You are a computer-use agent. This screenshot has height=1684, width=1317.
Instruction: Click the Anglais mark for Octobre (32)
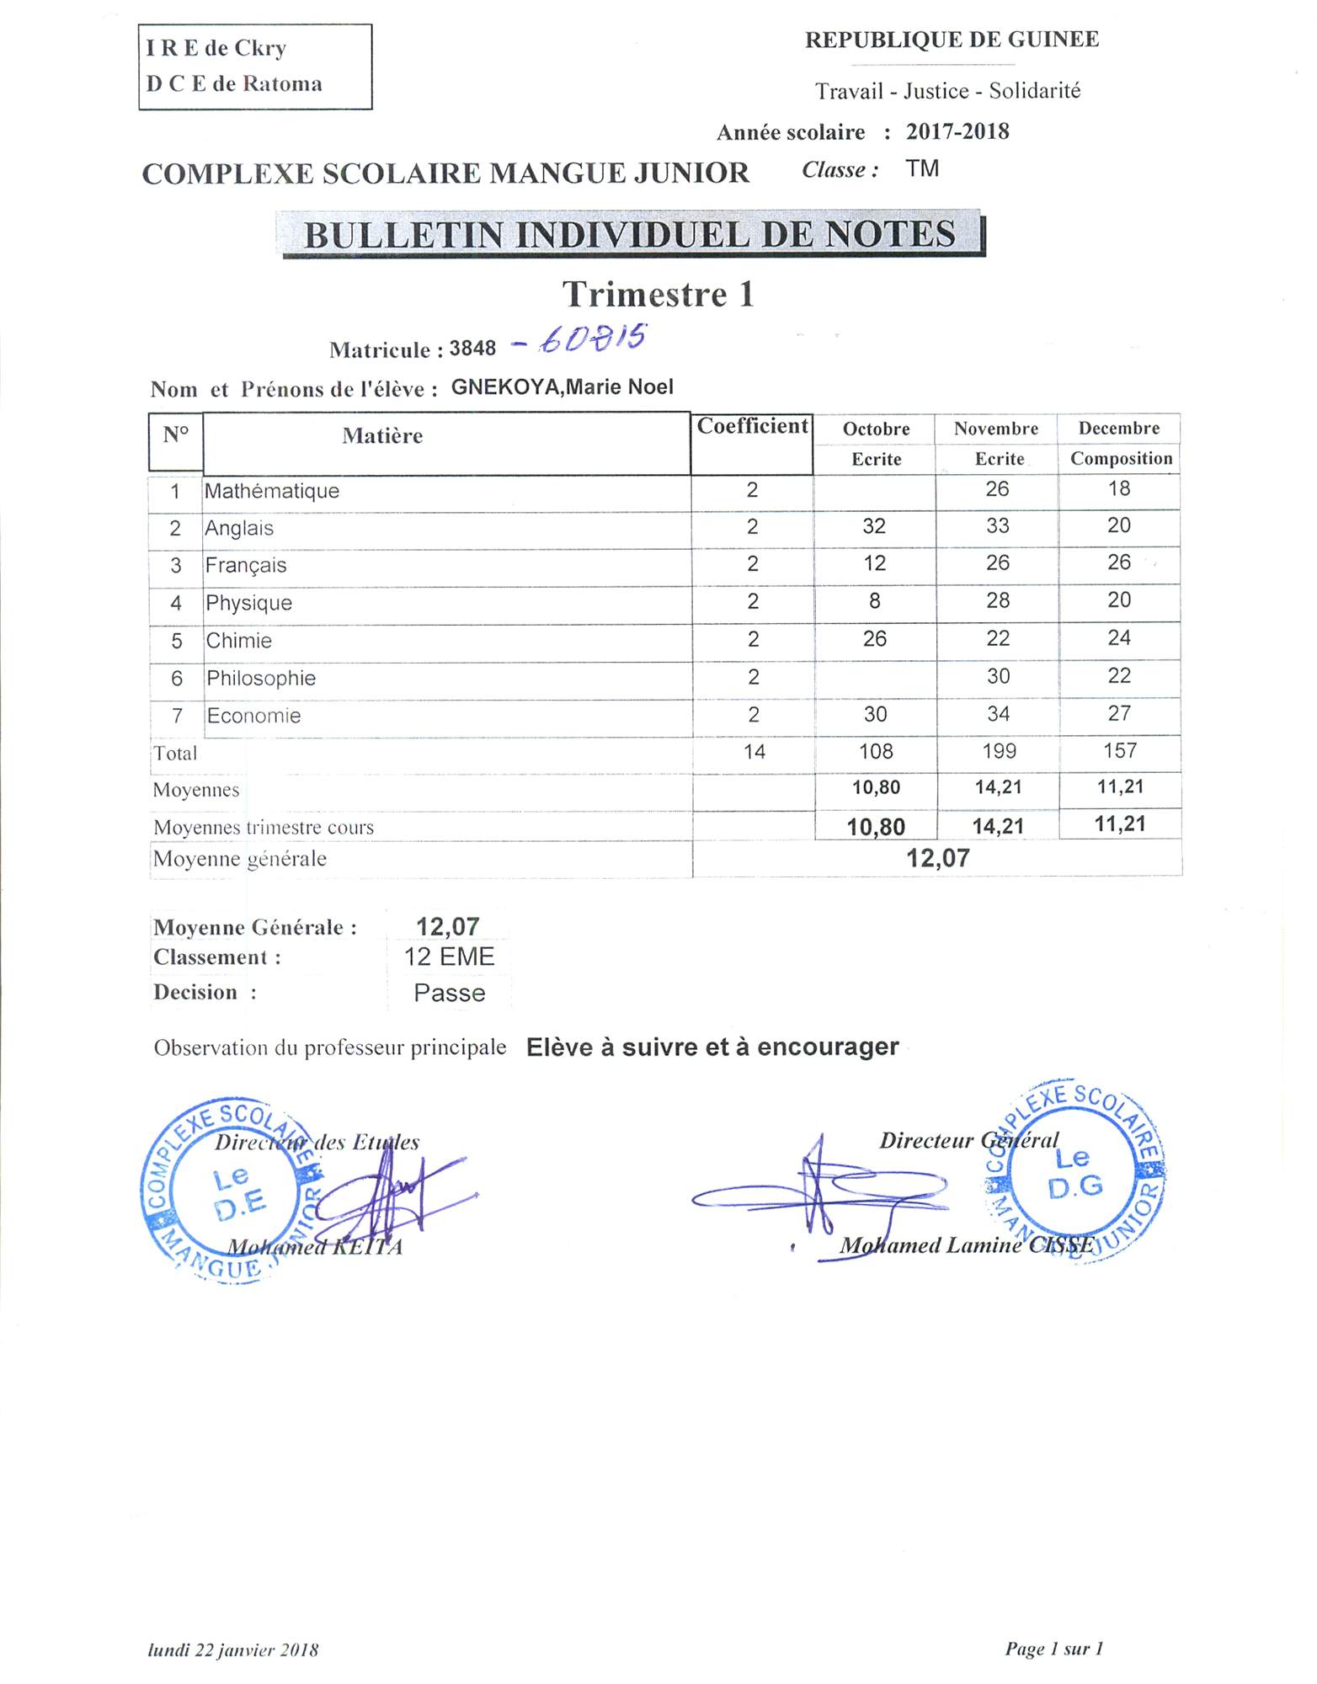(x=874, y=526)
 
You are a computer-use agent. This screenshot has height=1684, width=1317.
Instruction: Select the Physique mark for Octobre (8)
(x=874, y=601)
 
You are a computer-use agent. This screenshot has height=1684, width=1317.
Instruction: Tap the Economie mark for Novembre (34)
(x=998, y=714)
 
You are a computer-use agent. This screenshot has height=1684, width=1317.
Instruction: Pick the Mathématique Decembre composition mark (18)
(x=1118, y=488)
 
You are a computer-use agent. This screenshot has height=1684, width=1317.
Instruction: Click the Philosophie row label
(x=261, y=678)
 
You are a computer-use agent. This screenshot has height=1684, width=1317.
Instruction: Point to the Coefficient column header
(x=752, y=426)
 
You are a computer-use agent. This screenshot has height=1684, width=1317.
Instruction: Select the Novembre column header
(x=996, y=429)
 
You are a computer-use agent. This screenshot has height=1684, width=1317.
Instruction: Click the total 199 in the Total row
(x=999, y=751)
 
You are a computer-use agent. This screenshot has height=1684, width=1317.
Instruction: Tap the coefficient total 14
(x=754, y=752)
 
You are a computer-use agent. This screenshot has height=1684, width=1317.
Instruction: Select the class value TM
(x=922, y=169)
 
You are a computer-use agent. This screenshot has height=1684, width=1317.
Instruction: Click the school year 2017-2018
(x=957, y=131)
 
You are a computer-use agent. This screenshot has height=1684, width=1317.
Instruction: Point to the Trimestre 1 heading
(x=658, y=295)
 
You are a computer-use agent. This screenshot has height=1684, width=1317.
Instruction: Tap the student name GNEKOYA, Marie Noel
(x=563, y=387)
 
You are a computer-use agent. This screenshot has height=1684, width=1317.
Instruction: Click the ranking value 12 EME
(x=449, y=957)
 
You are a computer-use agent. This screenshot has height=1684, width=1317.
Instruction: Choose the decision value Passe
(x=449, y=994)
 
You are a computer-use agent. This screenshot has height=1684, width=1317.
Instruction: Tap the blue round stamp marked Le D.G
(x=1076, y=1171)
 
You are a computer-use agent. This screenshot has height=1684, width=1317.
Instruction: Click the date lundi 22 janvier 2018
(x=233, y=1649)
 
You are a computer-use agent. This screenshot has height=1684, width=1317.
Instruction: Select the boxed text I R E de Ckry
(x=216, y=48)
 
